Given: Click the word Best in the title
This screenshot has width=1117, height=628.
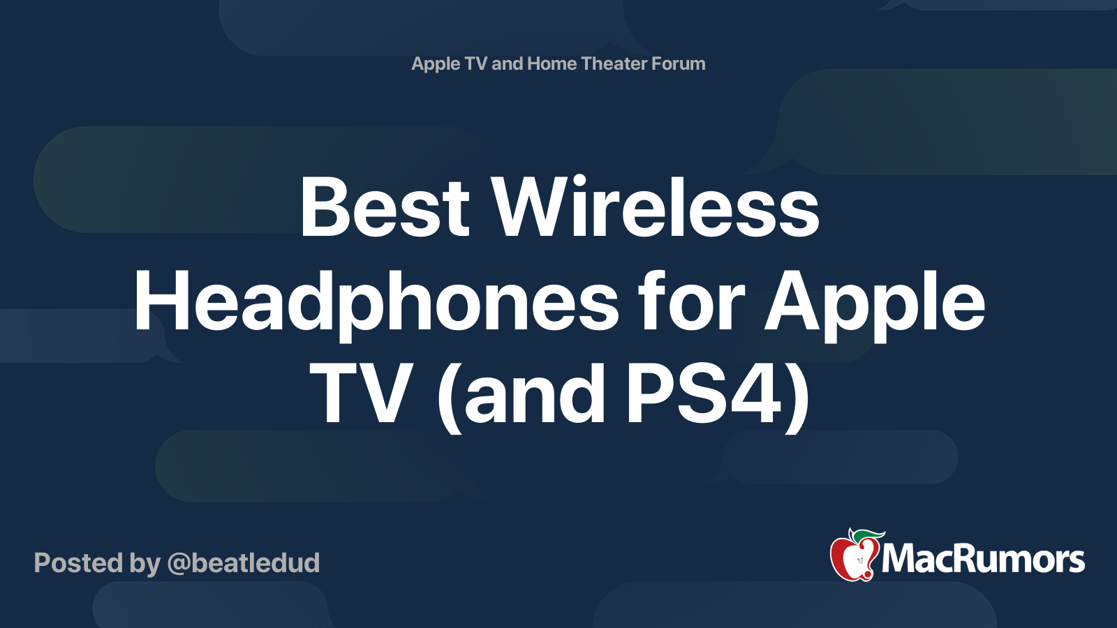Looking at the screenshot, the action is coord(385,207).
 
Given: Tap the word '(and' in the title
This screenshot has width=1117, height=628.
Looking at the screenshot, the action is coord(521,398).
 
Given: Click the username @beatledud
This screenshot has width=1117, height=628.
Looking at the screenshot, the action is coord(244,563).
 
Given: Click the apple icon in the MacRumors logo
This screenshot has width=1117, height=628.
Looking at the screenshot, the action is coord(855,555).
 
